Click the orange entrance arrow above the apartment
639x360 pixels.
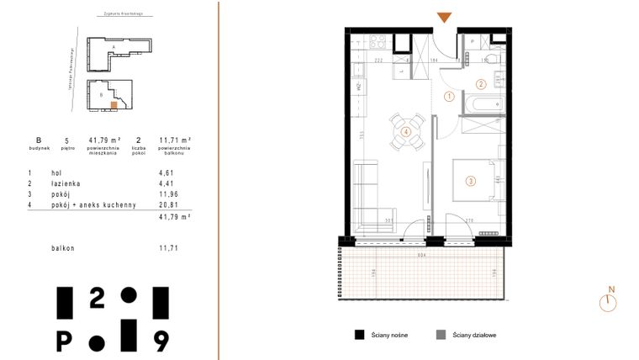click(445, 18)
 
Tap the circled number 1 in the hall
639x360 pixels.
click(449, 97)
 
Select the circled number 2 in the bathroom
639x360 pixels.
click(480, 83)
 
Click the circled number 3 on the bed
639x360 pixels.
click(471, 180)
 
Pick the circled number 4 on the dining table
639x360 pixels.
click(406, 131)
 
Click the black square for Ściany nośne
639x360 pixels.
click(358, 334)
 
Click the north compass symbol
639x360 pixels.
click(607, 302)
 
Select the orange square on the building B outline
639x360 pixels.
click(115, 105)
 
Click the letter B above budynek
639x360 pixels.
click(38, 140)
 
